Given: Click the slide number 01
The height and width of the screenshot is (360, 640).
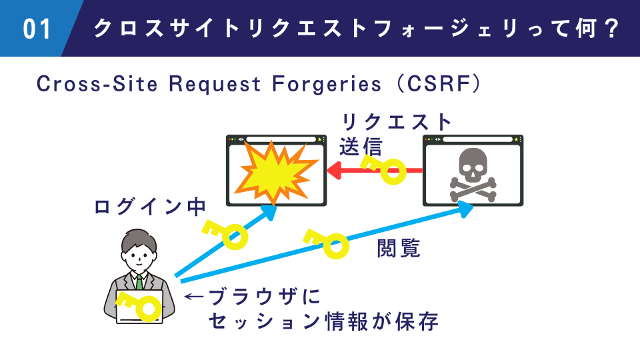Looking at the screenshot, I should click(x=37, y=29).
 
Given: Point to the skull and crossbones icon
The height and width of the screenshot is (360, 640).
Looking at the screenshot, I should click(x=473, y=175).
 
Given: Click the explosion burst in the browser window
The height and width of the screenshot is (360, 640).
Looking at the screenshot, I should click(x=277, y=172).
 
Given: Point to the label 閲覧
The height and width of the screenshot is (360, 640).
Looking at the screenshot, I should click(x=399, y=249).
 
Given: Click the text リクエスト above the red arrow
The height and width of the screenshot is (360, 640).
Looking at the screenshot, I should click(x=397, y=123).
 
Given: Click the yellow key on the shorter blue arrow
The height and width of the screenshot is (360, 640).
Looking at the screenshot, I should click(x=225, y=233).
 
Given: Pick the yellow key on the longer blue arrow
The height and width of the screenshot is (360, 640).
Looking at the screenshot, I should click(x=327, y=243).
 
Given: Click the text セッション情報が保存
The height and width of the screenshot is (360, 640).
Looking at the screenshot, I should click(x=323, y=321).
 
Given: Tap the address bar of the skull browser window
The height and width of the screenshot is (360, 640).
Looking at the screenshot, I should click(x=479, y=139).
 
